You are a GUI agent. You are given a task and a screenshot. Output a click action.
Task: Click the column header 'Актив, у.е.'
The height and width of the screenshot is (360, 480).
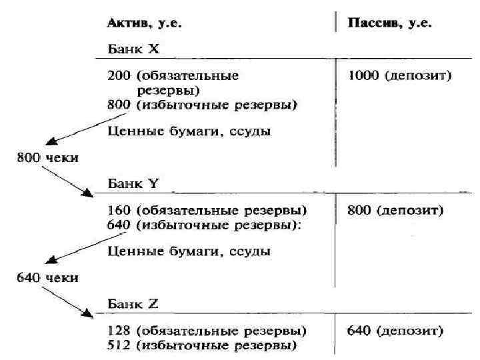[x=145, y=23]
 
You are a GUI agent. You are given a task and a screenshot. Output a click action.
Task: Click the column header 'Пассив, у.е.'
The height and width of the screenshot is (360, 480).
[x=390, y=23]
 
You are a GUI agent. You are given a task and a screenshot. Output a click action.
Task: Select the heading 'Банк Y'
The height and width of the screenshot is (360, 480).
[x=133, y=182]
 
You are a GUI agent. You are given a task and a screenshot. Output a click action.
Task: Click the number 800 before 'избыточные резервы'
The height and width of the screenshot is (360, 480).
[x=119, y=105]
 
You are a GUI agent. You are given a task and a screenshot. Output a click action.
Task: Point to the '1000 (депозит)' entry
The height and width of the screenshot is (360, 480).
[x=400, y=76]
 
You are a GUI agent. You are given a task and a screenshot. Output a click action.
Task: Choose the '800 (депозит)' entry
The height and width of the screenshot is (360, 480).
[x=396, y=211]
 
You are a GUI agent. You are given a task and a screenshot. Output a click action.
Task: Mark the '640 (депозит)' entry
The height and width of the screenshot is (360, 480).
[x=396, y=331]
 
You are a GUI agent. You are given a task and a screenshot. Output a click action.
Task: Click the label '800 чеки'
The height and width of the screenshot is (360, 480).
[x=47, y=158]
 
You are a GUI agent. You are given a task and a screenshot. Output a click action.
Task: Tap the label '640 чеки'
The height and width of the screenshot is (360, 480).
[x=47, y=277]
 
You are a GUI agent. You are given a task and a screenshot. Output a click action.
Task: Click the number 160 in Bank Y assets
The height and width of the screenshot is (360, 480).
[x=119, y=211]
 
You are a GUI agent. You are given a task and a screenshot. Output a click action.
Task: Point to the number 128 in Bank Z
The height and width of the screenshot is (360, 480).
[x=119, y=331]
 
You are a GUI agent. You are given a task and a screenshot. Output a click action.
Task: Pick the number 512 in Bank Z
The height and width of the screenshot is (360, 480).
[x=119, y=345]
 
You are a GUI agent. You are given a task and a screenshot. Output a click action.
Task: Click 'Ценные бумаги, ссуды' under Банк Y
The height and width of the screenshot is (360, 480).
[x=189, y=251]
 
